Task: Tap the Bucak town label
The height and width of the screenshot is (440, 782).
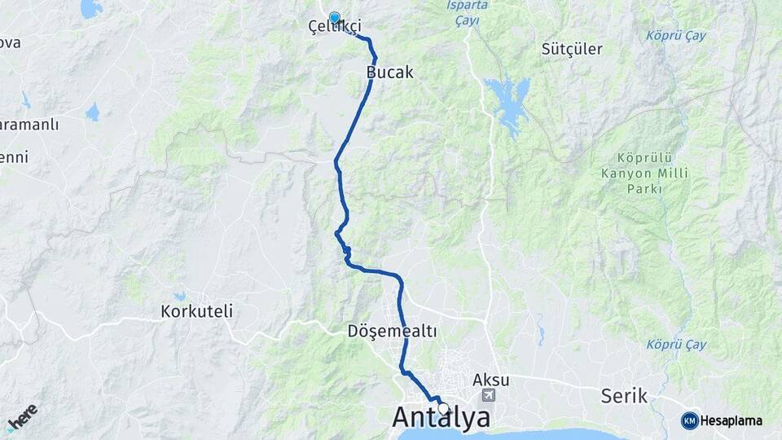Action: coord(390,73)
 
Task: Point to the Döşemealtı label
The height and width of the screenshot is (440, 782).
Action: coord(393,332)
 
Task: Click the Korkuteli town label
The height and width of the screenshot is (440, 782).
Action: coord(197,311)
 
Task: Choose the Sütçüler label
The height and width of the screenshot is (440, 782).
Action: coord(572,49)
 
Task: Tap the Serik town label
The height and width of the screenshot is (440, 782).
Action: coord(624,396)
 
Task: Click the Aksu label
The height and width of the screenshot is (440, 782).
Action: coord(490,380)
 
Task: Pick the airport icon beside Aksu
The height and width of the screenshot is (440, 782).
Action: coord(489,396)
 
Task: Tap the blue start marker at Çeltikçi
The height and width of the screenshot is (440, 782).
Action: coord(334,17)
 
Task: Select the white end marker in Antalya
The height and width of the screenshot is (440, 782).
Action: coord(443,407)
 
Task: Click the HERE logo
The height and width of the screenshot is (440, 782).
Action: coord(22,417)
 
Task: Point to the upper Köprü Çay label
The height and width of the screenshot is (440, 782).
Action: coord(675,36)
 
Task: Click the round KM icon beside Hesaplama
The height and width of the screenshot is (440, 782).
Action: coord(690,420)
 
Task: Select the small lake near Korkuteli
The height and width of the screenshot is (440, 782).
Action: coord(179,297)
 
